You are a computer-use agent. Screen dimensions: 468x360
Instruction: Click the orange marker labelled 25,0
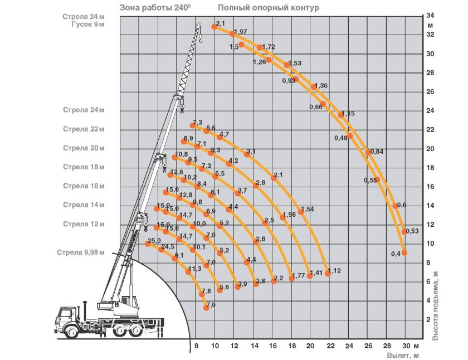tap(148, 244)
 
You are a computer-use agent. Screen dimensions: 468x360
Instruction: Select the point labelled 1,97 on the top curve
tap(232, 34)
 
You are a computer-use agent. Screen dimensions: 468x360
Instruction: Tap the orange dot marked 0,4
tap(404, 253)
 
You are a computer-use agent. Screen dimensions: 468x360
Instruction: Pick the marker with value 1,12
tap(328, 274)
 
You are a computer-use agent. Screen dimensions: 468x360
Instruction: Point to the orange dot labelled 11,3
tap(188, 271)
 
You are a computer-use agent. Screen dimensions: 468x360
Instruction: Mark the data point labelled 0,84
tap(368, 152)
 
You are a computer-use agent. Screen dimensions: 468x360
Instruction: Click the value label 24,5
tap(168, 246)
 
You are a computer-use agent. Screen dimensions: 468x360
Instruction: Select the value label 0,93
tap(289, 81)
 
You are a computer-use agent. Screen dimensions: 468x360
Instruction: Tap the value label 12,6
tap(177, 172)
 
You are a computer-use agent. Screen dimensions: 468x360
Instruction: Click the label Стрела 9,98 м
tap(81, 252)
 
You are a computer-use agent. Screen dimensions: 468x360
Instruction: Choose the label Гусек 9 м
tap(88, 25)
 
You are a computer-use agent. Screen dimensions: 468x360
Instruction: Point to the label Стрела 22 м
tap(84, 129)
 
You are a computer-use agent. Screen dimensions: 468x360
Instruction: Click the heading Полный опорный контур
tap(269, 7)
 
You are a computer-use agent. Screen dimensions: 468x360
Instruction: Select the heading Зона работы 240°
tap(155, 7)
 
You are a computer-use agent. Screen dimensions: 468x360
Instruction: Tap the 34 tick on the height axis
tap(430, 16)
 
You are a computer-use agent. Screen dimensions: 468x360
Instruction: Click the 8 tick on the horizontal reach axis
tap(196, 346)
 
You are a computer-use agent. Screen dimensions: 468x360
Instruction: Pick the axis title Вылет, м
tap(403, 356)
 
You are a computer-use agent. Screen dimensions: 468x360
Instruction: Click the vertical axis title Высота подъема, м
tap(436, 305)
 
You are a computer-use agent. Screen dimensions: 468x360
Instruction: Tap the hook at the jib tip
tap(200, 39)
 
